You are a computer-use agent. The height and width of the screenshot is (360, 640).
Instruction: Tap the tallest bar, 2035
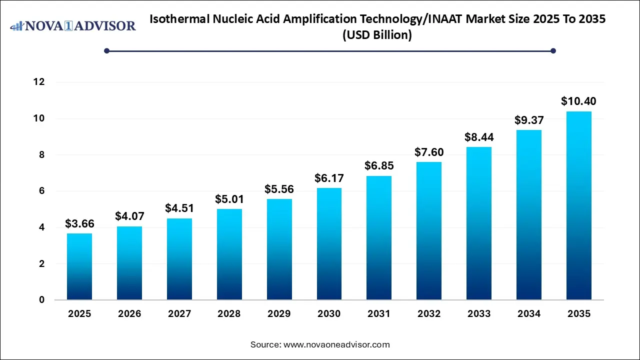(579, 205)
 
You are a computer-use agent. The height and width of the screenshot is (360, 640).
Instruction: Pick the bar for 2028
(229, 254)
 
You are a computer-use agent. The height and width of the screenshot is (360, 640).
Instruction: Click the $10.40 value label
(578, 101)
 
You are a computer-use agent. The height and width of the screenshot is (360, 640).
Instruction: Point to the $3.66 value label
(79, 223)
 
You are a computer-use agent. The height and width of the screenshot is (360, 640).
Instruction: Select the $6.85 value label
(379, 166)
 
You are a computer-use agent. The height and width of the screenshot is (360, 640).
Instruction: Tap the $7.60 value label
(429, 152)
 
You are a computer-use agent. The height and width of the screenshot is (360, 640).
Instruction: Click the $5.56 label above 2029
(279, 189)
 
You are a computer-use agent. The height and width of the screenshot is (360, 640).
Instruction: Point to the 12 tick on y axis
(38, 82)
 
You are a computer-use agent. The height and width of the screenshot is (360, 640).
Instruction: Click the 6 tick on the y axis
(41, 191)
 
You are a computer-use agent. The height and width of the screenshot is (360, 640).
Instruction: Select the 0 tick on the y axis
(41, 300)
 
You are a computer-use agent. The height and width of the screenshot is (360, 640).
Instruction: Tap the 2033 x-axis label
(479, 314)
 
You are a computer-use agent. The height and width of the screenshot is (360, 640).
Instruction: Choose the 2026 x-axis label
(129, 314)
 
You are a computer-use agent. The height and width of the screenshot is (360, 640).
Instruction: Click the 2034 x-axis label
(529, 314)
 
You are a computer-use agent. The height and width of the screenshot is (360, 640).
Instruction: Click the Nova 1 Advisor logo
(73, 25)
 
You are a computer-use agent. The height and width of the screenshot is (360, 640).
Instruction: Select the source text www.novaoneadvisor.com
(336, 344)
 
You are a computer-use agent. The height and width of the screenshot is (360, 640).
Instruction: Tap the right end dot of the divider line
(553, 50)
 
